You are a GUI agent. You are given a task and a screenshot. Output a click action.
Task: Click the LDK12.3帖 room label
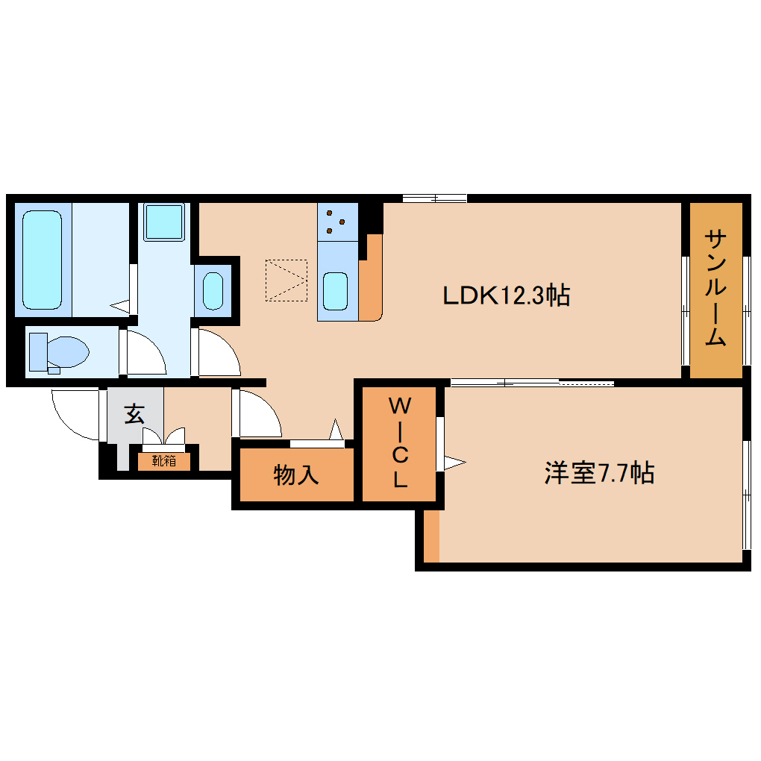pyautogui.click(x=507, y=295)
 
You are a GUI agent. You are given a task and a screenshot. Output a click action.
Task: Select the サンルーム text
pyautogui.click(x=715, y=288)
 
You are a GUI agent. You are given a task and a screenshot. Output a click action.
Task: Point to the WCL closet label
pyautogui.click(x=400, y=444)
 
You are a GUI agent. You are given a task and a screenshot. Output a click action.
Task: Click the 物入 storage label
pyautogui.click(x=296, y=475)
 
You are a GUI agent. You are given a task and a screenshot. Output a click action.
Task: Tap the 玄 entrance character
pyautogui.click(x=134, y=413)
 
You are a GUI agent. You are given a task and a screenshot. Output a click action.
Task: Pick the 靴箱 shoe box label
pyautogui.click(x=164, y=461)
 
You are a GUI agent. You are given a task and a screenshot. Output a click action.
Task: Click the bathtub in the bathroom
pyautogui.click(x=42, y=259)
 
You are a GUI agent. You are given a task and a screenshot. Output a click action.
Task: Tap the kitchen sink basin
pyautogui.click(x=336, y=290)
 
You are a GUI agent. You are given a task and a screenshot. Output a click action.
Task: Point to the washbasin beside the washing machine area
pyautogui.click(x=213, y=291)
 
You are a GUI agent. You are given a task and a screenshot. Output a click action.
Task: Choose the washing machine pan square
pyautogui.click(x=163, y=222)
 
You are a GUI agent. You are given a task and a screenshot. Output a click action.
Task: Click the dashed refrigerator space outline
pyautogui.click(x=286, y=280)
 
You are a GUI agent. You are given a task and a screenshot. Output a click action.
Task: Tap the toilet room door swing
pyautogui.click(x=146, y=352)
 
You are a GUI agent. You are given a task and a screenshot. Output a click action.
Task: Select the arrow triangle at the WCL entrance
pyautogui.click(x=453, y=463)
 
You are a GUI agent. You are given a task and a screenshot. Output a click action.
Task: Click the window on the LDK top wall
pyautogui.click(x=435, y=198)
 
